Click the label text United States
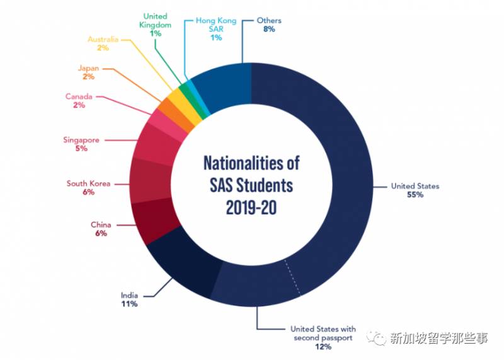pyautogui.click(x=415, y=186)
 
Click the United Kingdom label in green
pyautogui.click(x=156, y=20)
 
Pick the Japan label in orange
pyautogui.click(x=88, y=67)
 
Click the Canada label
pyautogui.click(x=79, y=96)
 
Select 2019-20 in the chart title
pyautogui.click(x=251, y=207)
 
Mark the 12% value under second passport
pyautogui.click(x=323, y=346)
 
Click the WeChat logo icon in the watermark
pyautogui.click(x=379, y=340)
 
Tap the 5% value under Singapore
pyautogui.click(x=81, y=149)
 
